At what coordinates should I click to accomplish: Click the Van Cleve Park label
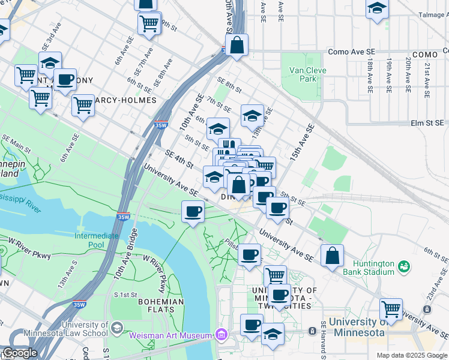(303, 74)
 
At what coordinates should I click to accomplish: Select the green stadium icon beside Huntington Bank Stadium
(404, 265)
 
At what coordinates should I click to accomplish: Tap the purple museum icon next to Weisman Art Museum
(222, 334)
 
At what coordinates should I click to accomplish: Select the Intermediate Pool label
(97, 241)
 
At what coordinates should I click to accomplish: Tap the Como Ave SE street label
(354, 53)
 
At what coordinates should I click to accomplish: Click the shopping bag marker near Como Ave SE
(237, 45)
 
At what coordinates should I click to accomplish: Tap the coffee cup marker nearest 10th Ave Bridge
(193, 212)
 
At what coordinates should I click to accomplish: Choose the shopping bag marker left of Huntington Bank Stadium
(332, 256)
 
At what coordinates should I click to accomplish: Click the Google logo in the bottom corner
(19, 353)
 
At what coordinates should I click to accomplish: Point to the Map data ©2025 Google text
(411, 355)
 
